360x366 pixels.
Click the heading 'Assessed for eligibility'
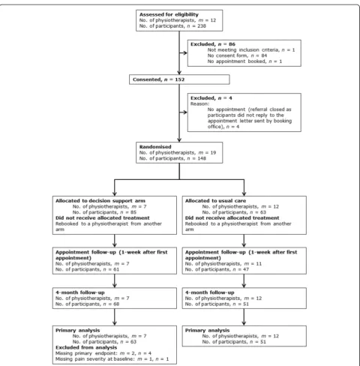click(169, 14)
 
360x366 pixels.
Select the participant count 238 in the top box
click(201, 26)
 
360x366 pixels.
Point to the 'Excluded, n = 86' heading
click(213, 44)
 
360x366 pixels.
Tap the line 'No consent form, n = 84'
click(237, 55)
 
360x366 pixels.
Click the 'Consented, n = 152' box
click(179, 79)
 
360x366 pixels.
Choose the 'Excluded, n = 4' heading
click(211, 98)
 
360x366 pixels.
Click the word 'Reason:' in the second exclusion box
click(199, 103)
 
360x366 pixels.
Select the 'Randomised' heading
click(155, 147)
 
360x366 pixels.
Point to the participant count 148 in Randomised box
click(201, 158)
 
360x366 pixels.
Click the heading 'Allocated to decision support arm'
click(100, 201)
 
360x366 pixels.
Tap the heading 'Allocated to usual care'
click(215, 201)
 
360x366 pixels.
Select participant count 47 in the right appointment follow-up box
click(245, 269)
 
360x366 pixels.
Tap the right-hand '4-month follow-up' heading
click(210, 292)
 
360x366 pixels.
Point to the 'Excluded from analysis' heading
click(86, 347)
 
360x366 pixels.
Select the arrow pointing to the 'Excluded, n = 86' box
click(183, 53)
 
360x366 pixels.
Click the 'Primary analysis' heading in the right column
click(207, 330)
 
